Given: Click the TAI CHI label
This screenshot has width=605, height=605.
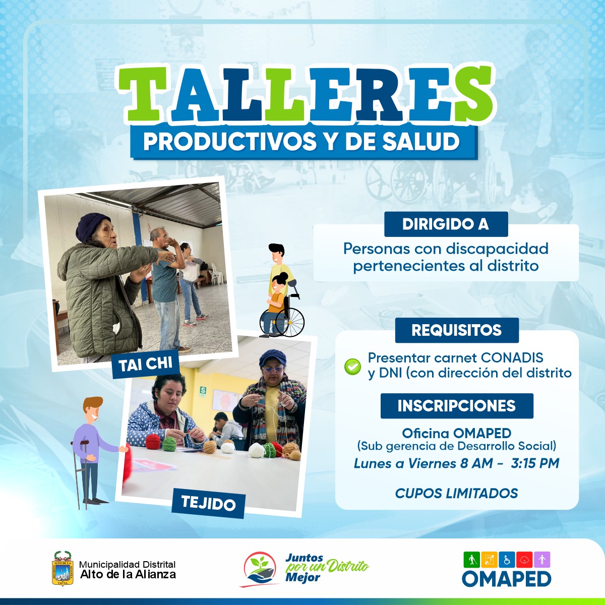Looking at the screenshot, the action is [146, 365].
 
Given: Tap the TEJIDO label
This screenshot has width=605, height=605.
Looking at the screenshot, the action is [208, 503].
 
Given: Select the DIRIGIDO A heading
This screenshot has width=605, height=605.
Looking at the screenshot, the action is [446, 224].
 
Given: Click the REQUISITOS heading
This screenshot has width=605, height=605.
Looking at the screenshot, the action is [457, 330].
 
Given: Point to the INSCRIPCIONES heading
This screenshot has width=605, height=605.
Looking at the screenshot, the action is [457, 406].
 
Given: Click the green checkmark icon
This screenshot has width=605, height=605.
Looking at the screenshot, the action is [352, 367].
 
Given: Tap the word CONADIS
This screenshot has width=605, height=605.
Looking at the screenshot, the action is [512, 357].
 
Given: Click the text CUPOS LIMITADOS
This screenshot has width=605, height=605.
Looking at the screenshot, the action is [456, 493].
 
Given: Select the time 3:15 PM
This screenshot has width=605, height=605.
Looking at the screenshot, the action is [535, 463].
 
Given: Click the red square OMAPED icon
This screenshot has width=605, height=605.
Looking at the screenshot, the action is [524, 560].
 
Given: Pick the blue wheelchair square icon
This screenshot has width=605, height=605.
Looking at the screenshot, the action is [507, 560].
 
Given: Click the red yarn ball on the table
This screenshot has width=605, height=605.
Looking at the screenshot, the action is [153, 442].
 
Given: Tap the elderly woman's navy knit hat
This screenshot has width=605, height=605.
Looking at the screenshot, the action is [91, 227].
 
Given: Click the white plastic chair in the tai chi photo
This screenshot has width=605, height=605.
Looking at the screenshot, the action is [217, 274].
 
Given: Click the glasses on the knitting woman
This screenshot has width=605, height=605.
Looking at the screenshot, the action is [273, 370].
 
